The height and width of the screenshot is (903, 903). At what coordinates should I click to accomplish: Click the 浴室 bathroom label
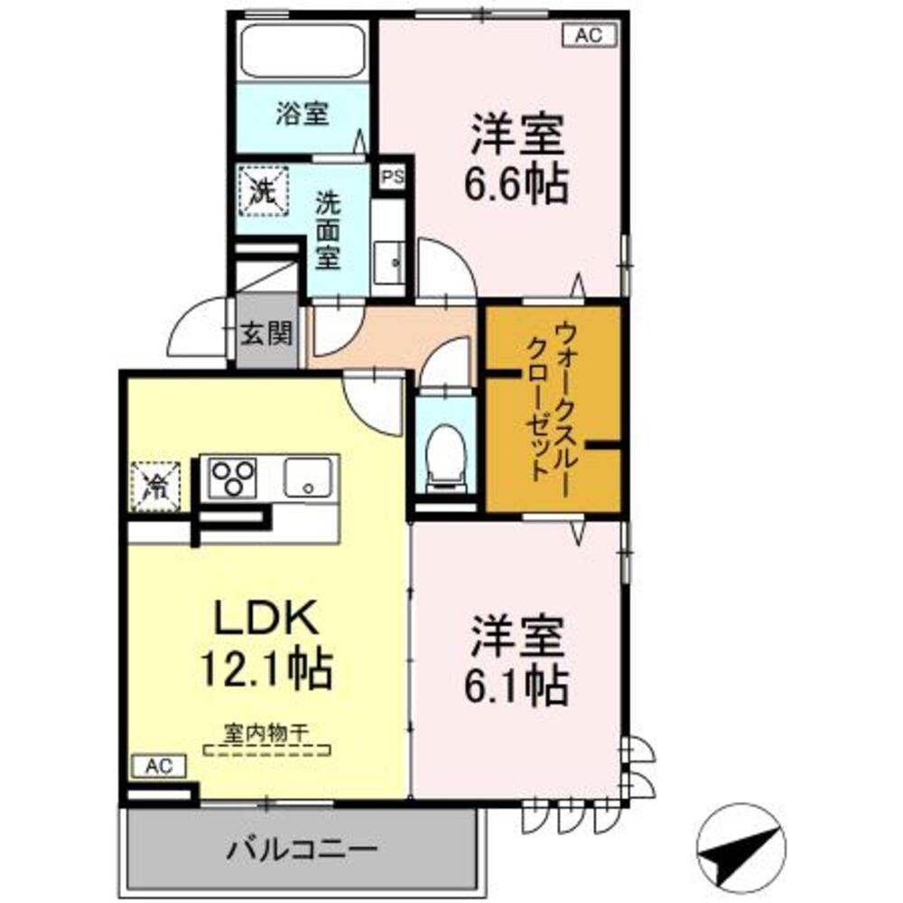pos(302,115)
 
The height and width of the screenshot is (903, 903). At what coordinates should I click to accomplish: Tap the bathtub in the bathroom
pos(302,50)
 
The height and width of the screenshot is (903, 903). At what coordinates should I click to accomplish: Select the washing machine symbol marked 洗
pos(262,191)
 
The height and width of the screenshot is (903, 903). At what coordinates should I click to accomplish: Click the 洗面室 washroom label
pos(326,230)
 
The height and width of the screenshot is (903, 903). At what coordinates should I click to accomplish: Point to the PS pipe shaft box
pos(392,178)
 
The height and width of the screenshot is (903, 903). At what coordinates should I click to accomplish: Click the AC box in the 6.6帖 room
pos(589,35)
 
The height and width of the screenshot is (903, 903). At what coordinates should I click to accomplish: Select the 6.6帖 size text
pos(517,185)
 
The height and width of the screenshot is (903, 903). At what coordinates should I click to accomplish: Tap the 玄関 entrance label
pos(265,335)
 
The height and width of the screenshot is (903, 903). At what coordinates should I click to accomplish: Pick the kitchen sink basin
pos(309,476)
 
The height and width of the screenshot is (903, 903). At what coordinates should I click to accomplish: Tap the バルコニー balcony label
pos(302,850)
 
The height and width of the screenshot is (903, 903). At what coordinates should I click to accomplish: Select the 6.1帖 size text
pos(517,687)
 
